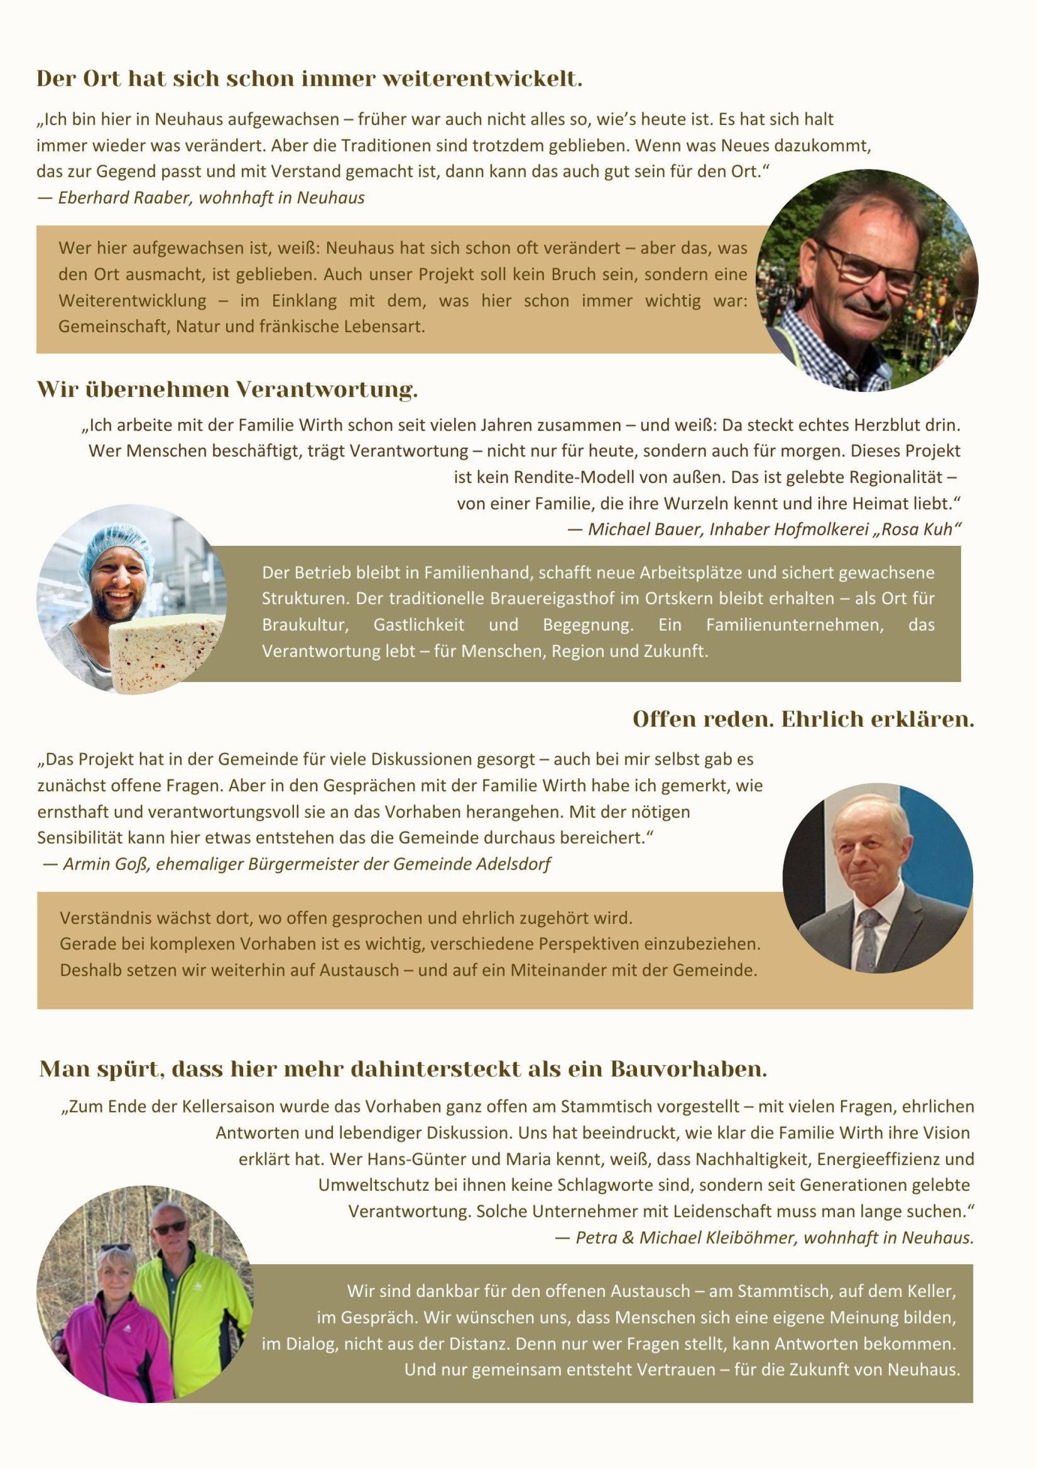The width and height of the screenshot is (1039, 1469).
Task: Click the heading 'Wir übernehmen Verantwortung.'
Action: click(227, 389)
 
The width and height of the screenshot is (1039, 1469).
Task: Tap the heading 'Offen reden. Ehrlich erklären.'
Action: click(803, 719)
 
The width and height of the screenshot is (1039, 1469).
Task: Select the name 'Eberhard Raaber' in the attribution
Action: click(125, 198)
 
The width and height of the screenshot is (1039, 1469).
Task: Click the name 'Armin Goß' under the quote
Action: click(105, 864)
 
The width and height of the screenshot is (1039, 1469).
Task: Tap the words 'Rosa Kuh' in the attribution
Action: click(917, 529)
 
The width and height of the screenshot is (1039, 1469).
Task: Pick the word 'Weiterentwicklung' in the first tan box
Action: click(132, 301)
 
